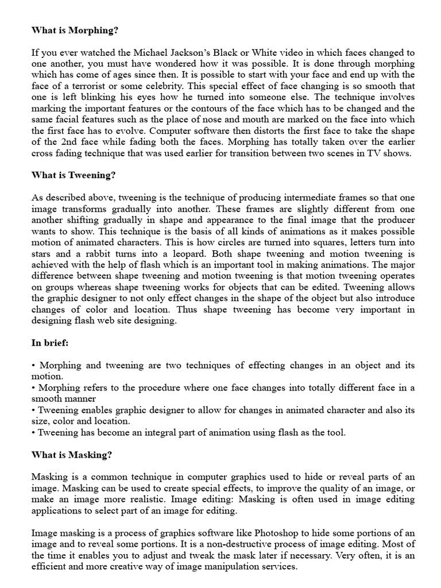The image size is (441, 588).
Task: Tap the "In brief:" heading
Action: pyautogui.click(x=51, y=343)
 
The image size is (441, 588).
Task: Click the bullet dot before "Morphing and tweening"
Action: pyautogui.click(x=33, y=365)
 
